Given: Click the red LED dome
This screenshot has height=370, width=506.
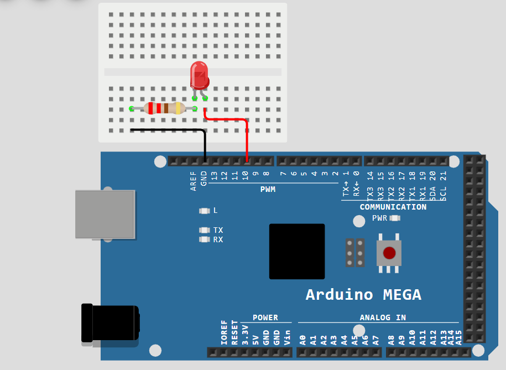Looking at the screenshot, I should click(199, 75).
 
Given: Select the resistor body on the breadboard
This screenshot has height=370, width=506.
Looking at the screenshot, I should click(164, 108).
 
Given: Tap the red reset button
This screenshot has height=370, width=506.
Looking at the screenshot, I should click(389, 253).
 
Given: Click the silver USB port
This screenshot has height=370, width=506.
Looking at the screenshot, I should click(105, 214).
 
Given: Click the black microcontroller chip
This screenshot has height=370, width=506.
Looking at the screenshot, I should click(296, 251).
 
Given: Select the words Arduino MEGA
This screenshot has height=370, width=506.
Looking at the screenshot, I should click(363, 294).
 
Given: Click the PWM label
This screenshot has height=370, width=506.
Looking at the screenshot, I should click(268, 190).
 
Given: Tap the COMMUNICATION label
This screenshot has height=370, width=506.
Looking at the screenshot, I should click(393, 207).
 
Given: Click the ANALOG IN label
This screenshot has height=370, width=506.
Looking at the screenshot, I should click(382, 317).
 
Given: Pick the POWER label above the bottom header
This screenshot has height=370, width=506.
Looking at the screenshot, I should click(265, 317).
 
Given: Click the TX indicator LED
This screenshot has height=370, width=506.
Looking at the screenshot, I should click(205, 230).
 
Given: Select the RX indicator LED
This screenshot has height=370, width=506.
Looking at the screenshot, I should click(205, 239).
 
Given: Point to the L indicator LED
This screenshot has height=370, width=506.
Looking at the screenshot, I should click(205, 211).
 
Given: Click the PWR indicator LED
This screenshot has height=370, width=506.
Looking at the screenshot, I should click(394, 218).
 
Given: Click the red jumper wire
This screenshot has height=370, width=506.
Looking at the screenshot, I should click(247, 138).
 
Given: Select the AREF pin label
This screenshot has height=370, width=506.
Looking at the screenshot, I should click(194, 181).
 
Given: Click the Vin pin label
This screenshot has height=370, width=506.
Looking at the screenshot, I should click(287, 338).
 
